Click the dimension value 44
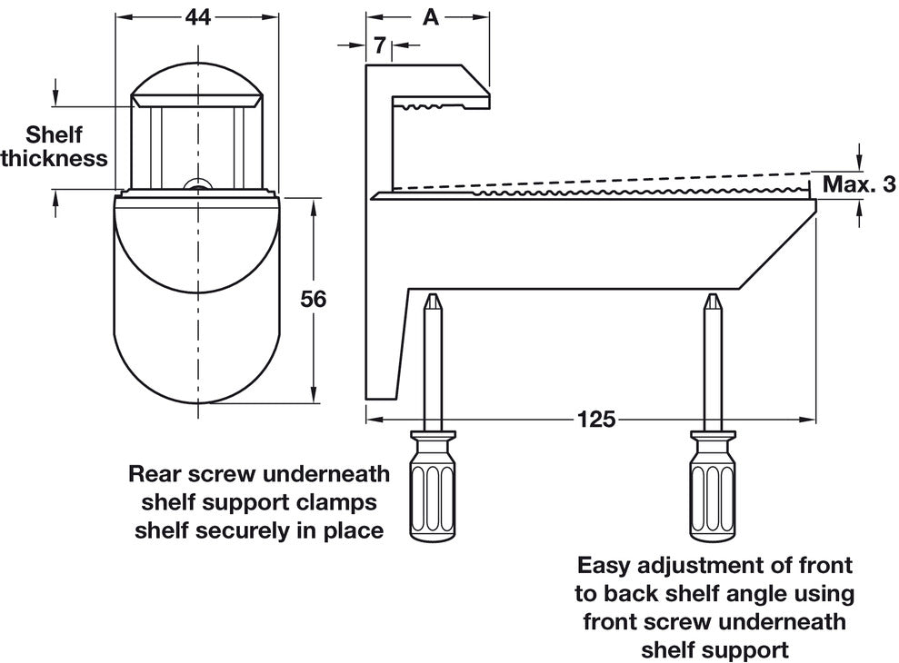coord(198,17)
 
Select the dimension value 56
coord(312,299)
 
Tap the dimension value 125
coord(595,419)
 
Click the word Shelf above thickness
coord(54,135)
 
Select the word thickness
coord(55,158)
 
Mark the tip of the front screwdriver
coord(711,301)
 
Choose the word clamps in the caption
coord(345,501)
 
